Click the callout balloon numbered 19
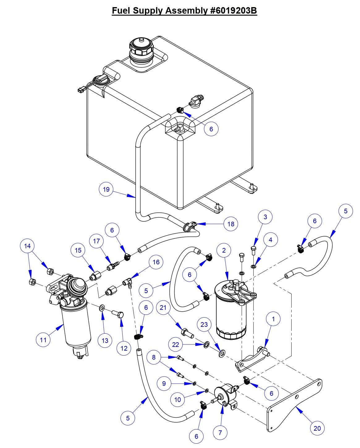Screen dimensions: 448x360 [106, 189]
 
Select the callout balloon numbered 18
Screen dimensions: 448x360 [231, 224]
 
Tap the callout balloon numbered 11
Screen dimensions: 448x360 [43, 340]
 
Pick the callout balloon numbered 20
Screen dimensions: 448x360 [317, 428]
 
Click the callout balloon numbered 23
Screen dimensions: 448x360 [204, 325]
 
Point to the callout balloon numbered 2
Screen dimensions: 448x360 [224, 250]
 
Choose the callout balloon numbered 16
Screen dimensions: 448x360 [156, 262]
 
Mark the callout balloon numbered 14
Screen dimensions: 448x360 [28, 246]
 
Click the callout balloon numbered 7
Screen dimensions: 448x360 [220, 433]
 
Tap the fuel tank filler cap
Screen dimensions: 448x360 [141, 49]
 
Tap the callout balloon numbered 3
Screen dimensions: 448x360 [265, 217]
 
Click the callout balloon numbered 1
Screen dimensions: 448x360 [273, 319]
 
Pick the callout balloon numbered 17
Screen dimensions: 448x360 [96, 241]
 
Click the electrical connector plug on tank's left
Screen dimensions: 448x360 [81, 91]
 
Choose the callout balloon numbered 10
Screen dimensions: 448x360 [178, 399]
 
